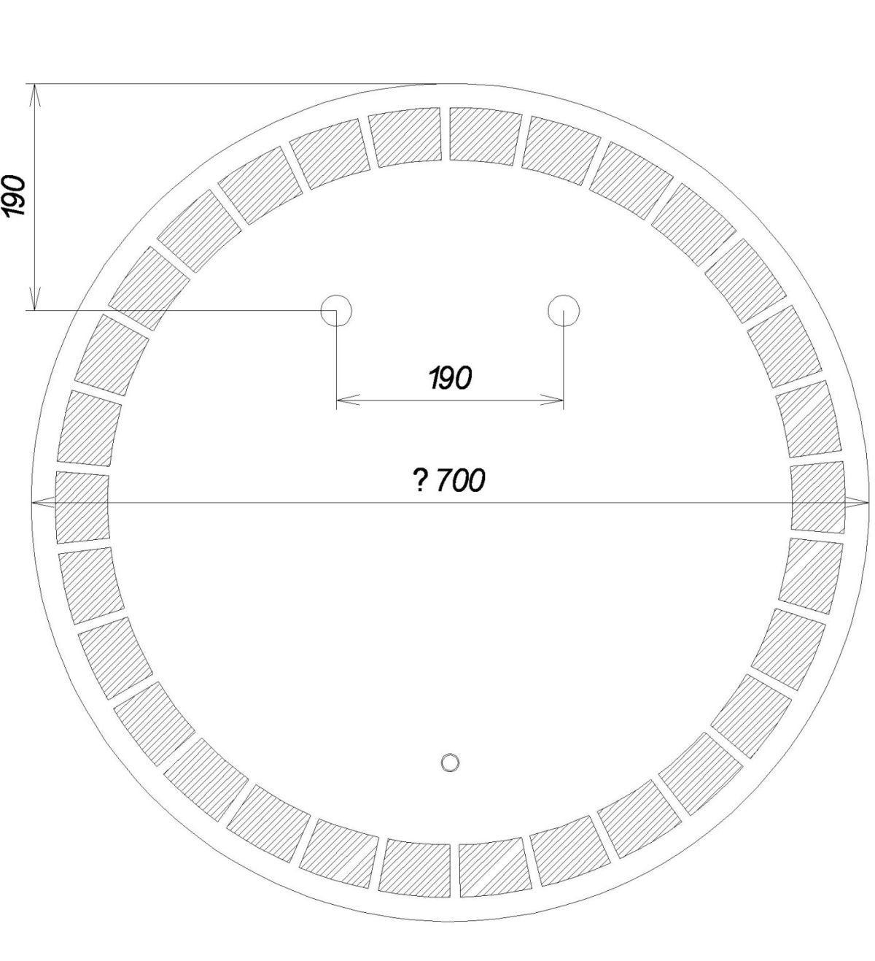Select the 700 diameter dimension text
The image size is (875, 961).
tap(461, 480)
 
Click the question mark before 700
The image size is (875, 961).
tap(420, 480)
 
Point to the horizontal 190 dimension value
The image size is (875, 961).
tap(450, 378)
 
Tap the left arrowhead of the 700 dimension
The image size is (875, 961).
tap(42, 502)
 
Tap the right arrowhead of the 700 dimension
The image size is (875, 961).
tap(857, 502)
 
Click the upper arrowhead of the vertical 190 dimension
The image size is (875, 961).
tap(34, 96)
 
